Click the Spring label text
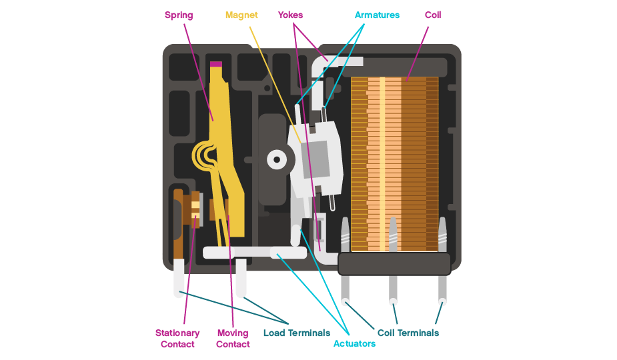(x=178, y=15)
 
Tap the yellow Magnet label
(x=241, y=15)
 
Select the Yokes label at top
(x=291, y=15)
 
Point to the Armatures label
(x=377, y=15)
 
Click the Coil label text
(x=433, y=15)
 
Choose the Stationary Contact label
(x=177, y=338)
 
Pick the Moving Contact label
(x=233, y=338)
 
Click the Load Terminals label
(x=297, y=333)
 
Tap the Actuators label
(x=354, y=343)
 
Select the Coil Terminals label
(x=408, y=333)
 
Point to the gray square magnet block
(x=315, y=159)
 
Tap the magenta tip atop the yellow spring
(x=215, y=64)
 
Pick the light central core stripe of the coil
(x=383, y=163)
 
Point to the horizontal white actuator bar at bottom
(x=253, y=253)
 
